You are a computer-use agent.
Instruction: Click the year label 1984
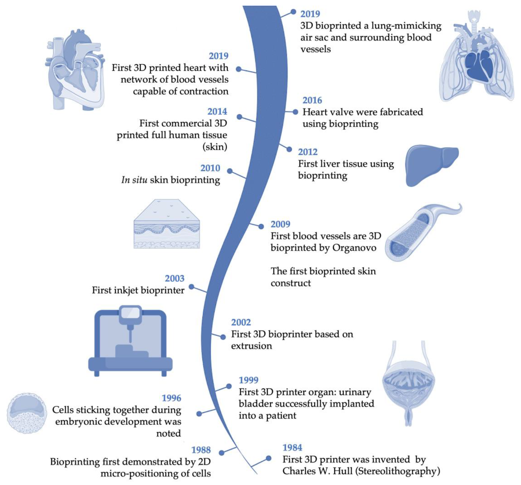[292, 448]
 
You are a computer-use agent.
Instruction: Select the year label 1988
[201, 450]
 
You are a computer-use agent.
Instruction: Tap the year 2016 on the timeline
[312, 100]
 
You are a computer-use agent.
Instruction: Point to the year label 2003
[174, 278]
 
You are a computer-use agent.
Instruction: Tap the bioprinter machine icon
[130, 341]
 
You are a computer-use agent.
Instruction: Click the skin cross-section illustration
[167, 224]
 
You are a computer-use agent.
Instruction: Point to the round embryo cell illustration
[27, 413]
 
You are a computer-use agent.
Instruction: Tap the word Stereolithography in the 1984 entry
[399, 471]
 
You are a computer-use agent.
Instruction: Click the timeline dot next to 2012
[289, 149]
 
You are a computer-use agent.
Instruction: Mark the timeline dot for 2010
[230, 171]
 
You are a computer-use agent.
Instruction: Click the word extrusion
[252, 346]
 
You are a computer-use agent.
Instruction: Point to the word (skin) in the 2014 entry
[215, 147]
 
